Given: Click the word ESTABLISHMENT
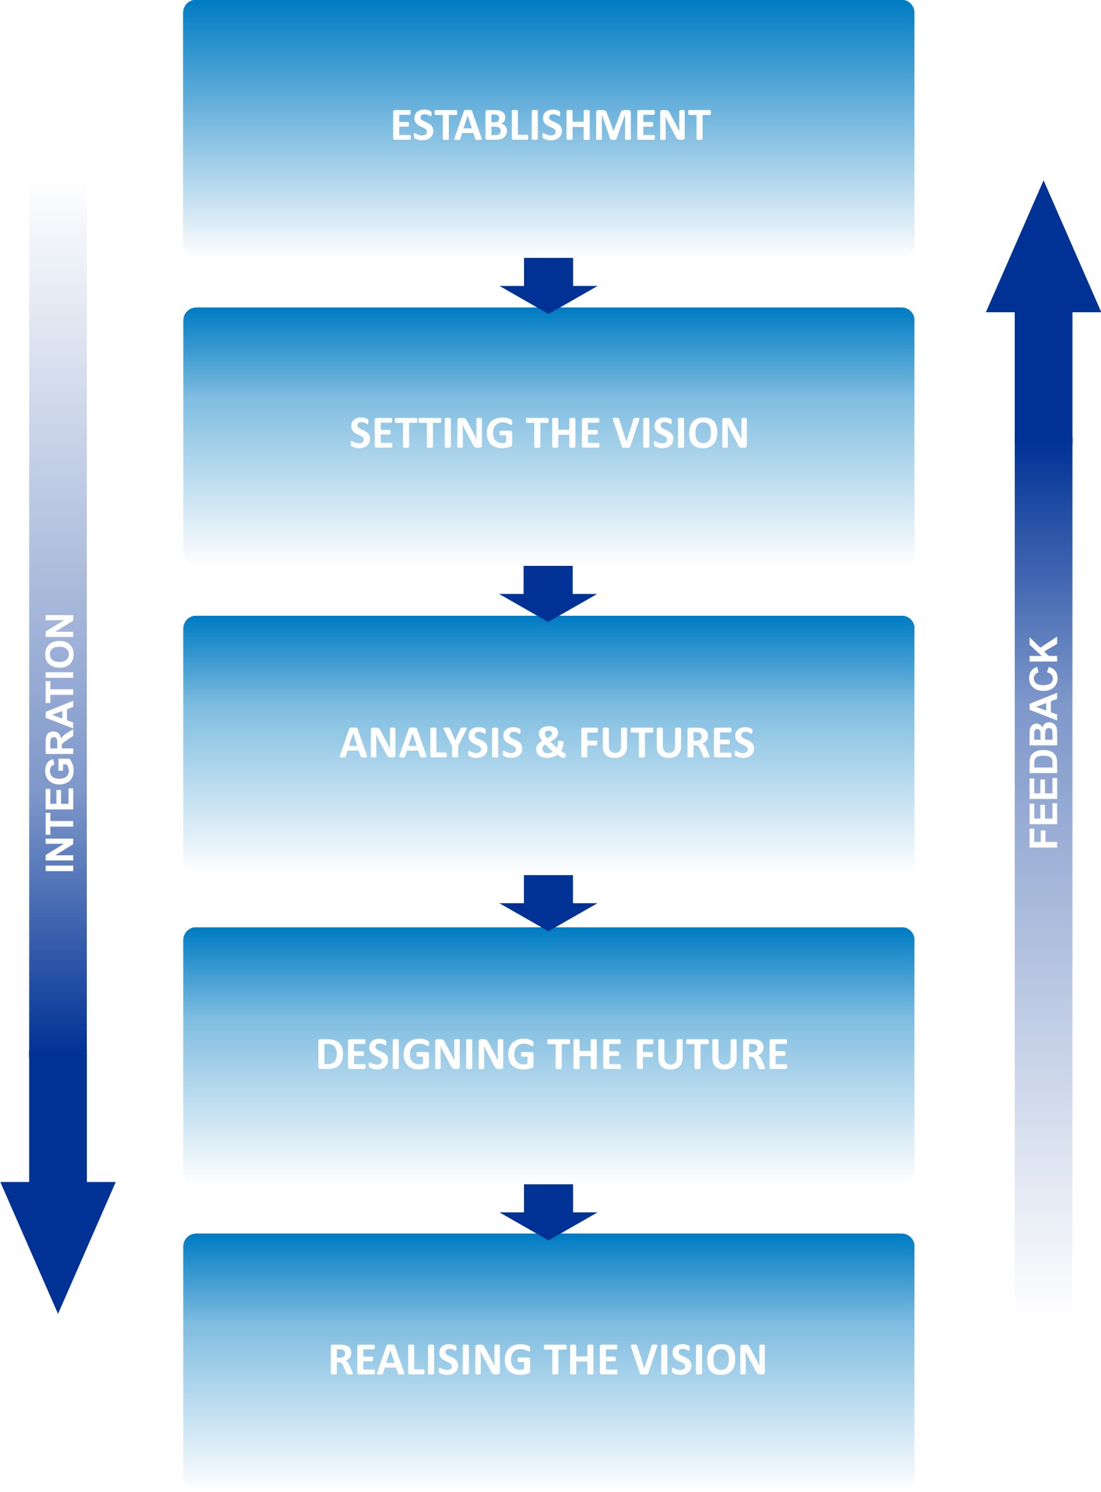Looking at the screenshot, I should (550, 125).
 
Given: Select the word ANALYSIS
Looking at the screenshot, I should (430, 743).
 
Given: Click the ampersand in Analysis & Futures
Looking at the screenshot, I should (550, 743).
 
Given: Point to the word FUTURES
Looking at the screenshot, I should (666, 743).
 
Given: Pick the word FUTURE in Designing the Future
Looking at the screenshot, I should (711, 1054).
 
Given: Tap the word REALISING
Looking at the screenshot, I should (430, 1360).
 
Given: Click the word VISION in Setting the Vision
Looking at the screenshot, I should (680, 433).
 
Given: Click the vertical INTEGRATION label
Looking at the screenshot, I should (59, 743).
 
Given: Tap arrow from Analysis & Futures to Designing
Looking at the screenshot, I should (548, 902).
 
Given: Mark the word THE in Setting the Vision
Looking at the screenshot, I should (563, 433).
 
